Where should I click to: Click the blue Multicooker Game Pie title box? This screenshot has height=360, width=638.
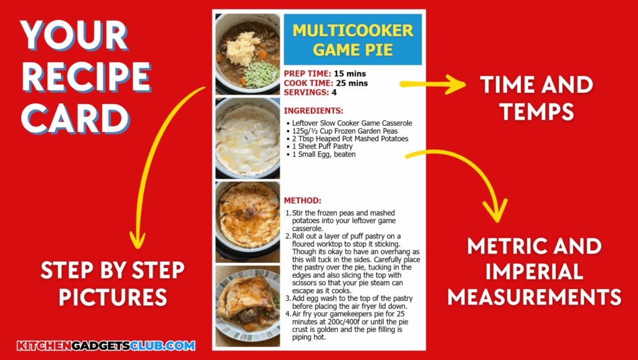click(353, 39)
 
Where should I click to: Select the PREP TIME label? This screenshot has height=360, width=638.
click(308, 73)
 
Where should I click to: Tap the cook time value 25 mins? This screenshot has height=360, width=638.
click(352, 83)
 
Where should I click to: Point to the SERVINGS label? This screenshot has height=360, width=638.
click(307, 92)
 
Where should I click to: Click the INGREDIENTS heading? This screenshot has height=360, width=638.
click(313, 111)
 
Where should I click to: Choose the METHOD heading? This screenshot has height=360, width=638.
click(303, 201)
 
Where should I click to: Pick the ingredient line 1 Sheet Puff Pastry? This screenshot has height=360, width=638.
click(322, 146)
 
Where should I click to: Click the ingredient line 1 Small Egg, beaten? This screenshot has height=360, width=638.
click(324, 154)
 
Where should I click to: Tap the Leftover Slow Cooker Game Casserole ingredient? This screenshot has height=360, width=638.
click(352, 123)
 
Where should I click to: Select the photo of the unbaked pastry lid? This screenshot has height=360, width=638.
click(247, 138)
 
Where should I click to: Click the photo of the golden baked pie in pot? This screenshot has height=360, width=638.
click(247, 222)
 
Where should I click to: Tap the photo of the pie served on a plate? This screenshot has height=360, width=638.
click(247, 306)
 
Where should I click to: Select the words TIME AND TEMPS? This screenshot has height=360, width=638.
click(536, 98)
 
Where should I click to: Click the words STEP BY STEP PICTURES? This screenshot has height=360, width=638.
click(113, 283)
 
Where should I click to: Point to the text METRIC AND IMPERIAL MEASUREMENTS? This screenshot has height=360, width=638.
click(534, 271)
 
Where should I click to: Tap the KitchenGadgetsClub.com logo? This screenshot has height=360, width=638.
click(106, 346)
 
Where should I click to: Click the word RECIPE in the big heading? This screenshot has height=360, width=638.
click(86, 77)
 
